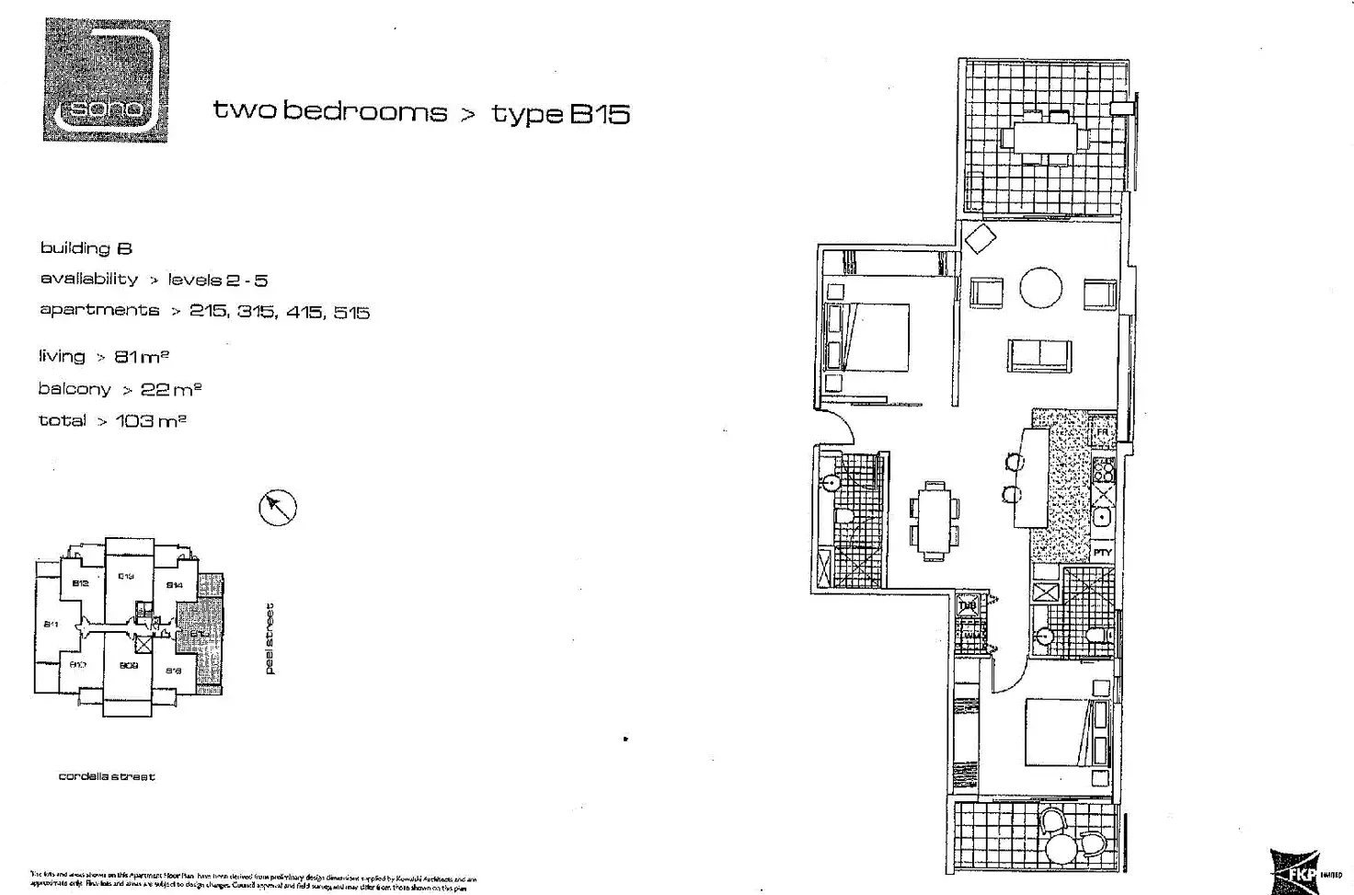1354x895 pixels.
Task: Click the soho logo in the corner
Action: (x=106, y=80)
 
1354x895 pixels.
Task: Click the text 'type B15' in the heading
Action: (x=560, y=114)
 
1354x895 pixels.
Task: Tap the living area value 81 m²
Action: (x=142, y=357)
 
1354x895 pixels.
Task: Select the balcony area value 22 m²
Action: (x=171, y=389)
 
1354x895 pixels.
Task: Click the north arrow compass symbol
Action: (x=277, y=507)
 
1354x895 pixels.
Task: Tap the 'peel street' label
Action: (x=270, y=638)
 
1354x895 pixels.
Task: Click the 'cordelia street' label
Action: (x=107, y=776)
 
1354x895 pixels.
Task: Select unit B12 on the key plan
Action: (x=80, y=583)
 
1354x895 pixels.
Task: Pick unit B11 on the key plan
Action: (x=52, y=625)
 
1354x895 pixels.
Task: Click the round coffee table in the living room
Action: (x=1040, y=289)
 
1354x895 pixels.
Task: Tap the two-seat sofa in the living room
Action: (x=1039, y=355)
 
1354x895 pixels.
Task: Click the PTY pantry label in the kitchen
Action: (x=1103, y=553)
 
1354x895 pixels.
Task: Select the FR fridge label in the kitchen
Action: (x=1102, y=432)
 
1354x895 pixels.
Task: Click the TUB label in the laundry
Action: (x=968, y=606)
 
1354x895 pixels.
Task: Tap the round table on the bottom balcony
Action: (x=1062, y=846)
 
